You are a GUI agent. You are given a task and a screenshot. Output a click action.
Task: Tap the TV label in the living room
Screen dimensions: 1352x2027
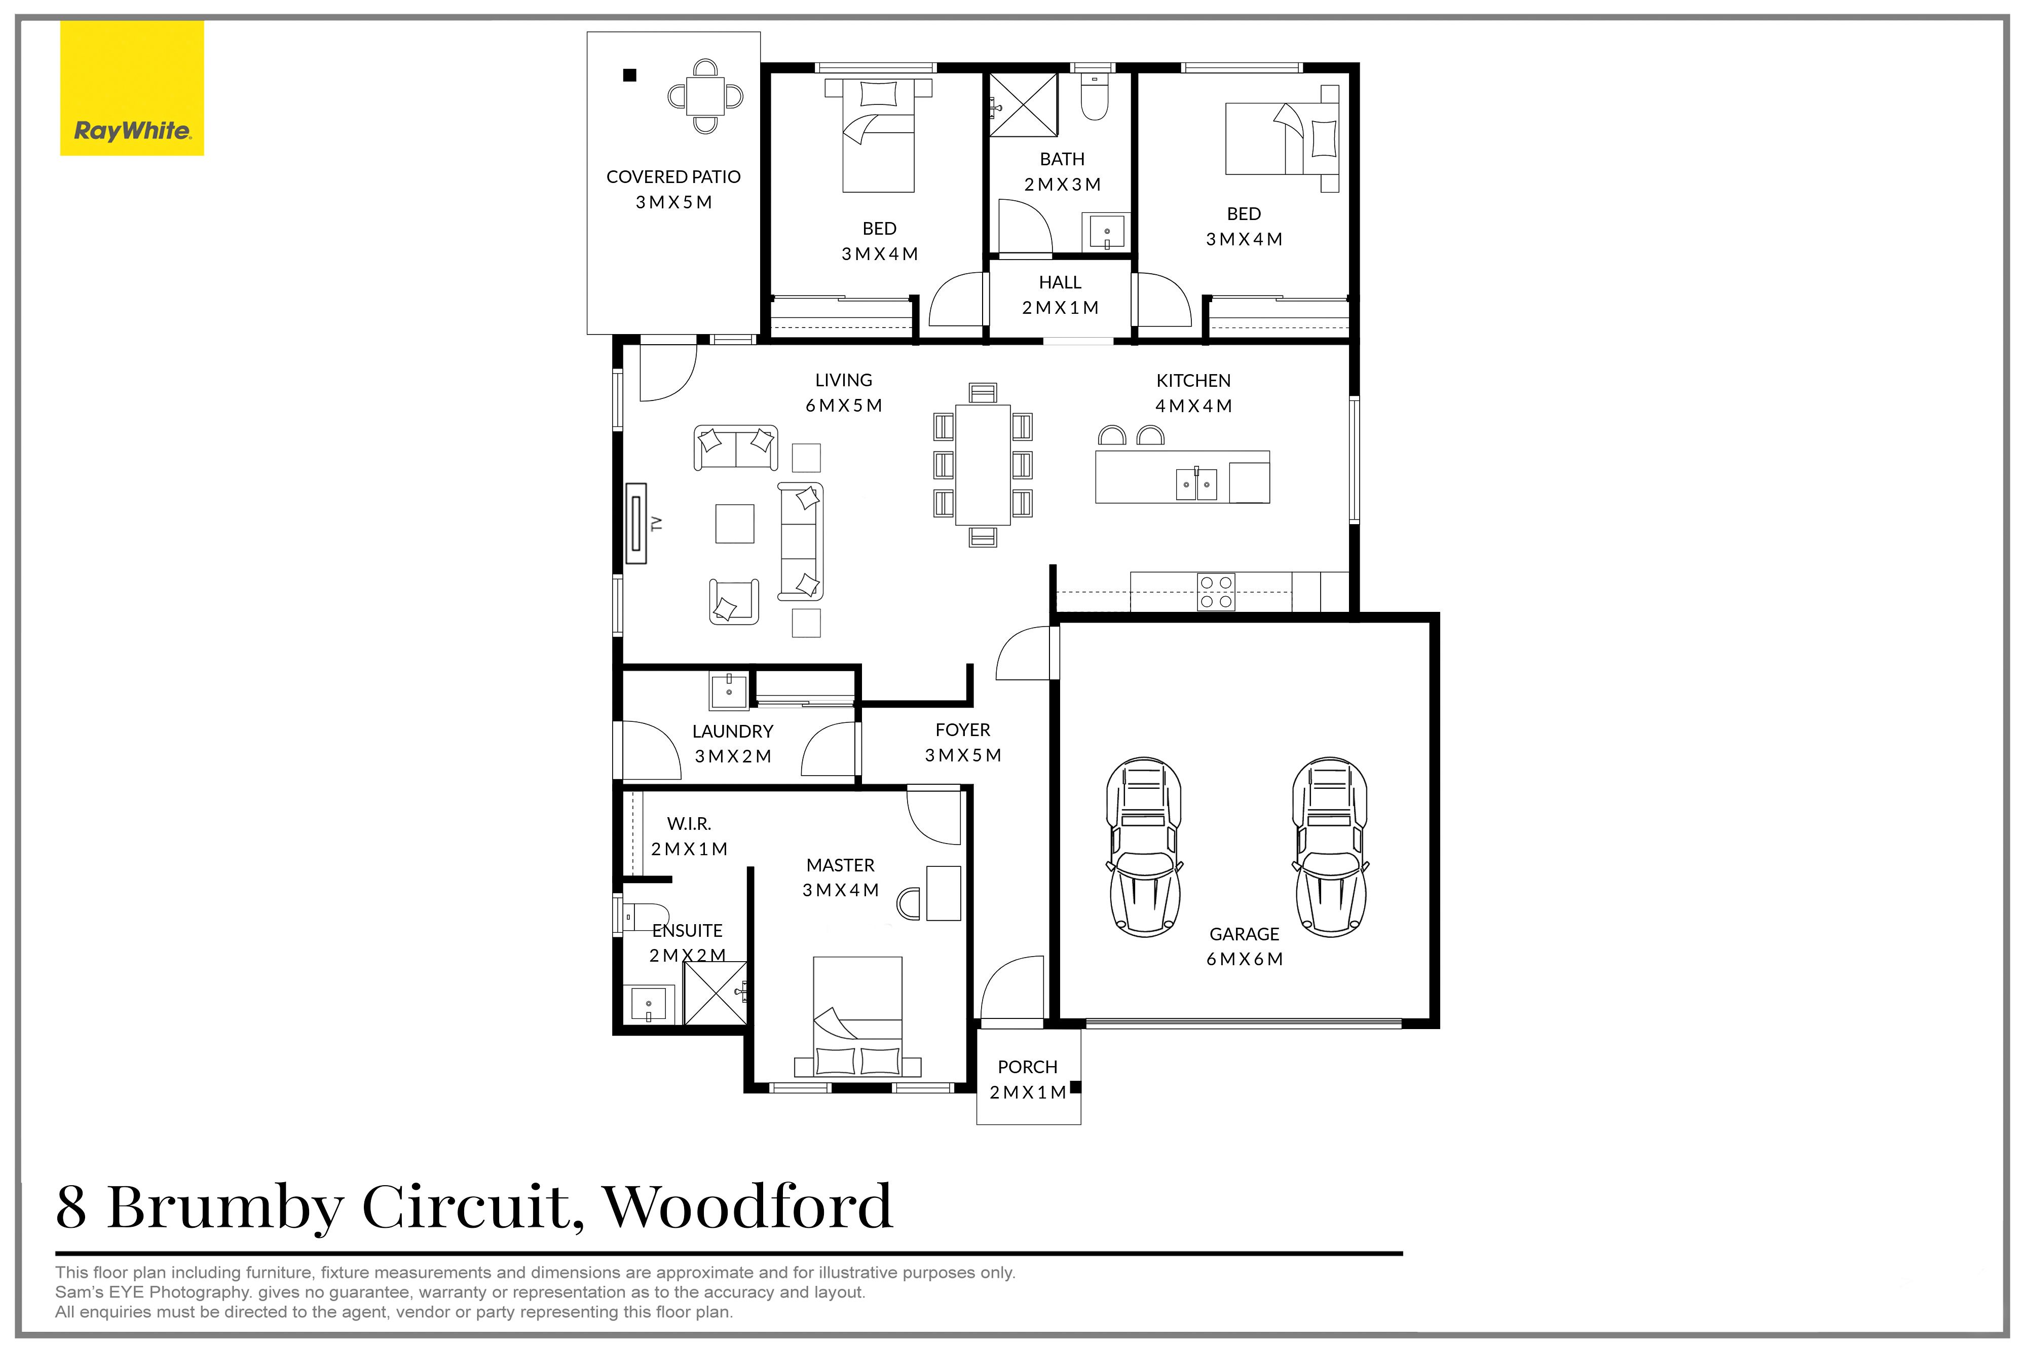[x=657, y=523]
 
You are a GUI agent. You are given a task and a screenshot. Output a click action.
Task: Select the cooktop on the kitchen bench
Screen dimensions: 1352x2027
[x=1216, y=593]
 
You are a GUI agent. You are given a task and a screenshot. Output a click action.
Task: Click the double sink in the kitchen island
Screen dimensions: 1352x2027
[x=1196, y=485]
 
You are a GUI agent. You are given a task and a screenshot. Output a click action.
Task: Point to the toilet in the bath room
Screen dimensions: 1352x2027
[x=1095, y=100]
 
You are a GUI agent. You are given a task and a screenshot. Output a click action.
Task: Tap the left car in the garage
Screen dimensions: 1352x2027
[x=1144, y=847]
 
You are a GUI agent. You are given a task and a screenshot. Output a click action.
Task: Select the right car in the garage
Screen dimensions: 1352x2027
[x=1330, y=847]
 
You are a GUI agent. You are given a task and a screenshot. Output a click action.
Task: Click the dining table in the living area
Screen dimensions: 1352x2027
[x=983, y=465]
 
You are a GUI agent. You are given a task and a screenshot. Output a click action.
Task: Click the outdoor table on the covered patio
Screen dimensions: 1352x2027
[x=706, y=96]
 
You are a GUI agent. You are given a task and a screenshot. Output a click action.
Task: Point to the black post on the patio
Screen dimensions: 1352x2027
[x=630, y=75]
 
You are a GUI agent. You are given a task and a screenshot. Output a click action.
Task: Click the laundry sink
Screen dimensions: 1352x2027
[x=729, y=690]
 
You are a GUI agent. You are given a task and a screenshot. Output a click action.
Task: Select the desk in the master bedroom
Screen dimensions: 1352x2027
[x=944, y=893]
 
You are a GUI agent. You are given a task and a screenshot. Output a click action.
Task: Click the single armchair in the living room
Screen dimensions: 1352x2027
[x=733, y=601]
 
